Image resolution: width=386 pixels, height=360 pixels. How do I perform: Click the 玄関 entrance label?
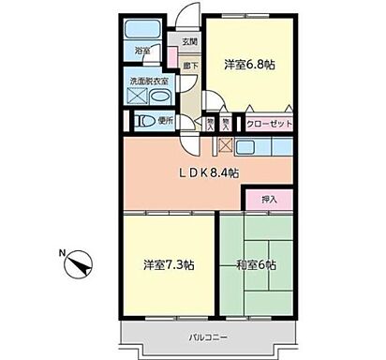(x=189, y=41)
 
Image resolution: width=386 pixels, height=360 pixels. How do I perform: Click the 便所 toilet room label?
(x=165, y=122)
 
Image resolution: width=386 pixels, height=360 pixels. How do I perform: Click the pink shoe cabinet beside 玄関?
(x=172, y=56)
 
